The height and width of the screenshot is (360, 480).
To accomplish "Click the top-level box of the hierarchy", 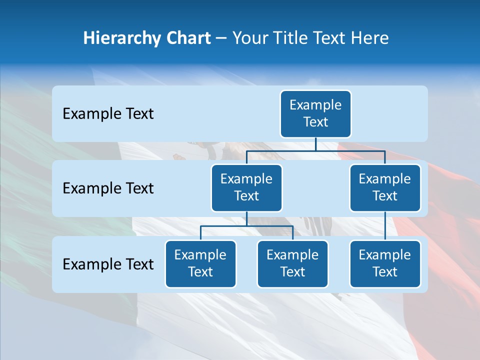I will click(315, 113).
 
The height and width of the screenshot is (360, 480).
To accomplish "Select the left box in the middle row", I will click(246, 187).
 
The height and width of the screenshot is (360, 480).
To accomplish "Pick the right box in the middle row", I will click(385, 187).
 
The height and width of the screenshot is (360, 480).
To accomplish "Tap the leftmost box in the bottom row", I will click(200, 263).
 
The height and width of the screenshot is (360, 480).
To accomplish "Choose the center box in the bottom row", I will click(292, 263).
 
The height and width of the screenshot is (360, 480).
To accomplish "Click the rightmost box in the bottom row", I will click(385, 263).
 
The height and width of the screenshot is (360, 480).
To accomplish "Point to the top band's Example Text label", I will click(108, 114).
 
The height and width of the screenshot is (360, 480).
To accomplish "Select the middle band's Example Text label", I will click(108, 188).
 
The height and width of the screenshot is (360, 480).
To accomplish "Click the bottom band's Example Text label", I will click(108, 264).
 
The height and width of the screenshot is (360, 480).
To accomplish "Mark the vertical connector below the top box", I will click(315, 144).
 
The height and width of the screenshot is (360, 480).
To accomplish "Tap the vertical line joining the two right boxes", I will click(385, 225).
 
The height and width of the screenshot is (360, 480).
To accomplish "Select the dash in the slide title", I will click(221, 38).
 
